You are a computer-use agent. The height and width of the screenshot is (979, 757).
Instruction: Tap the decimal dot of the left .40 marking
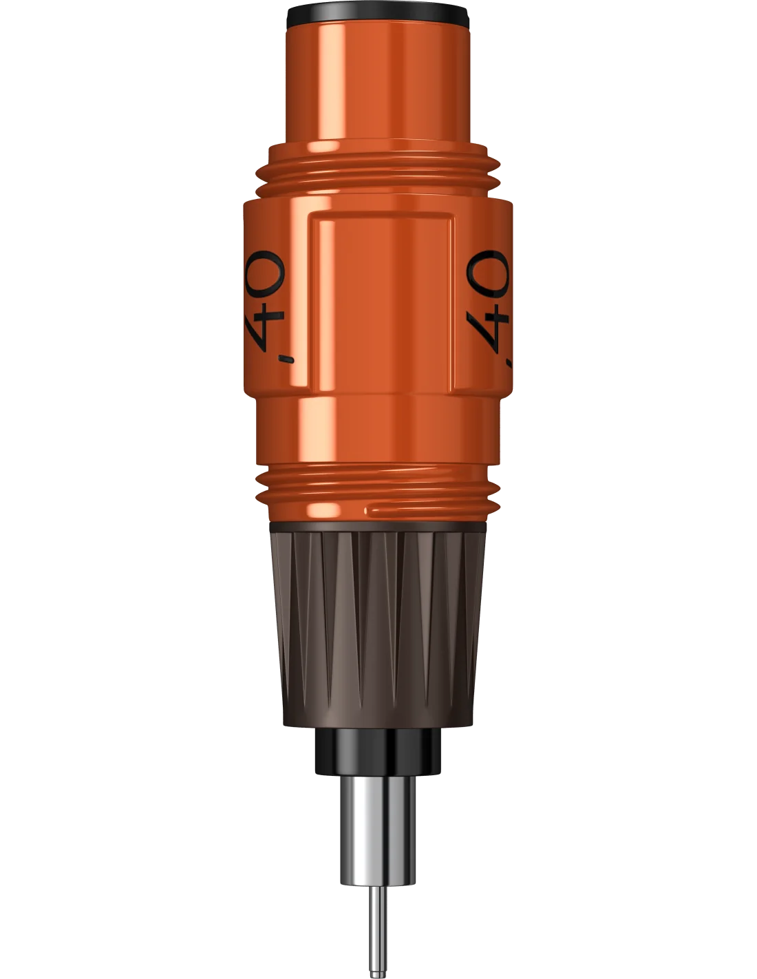point(286,359)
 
